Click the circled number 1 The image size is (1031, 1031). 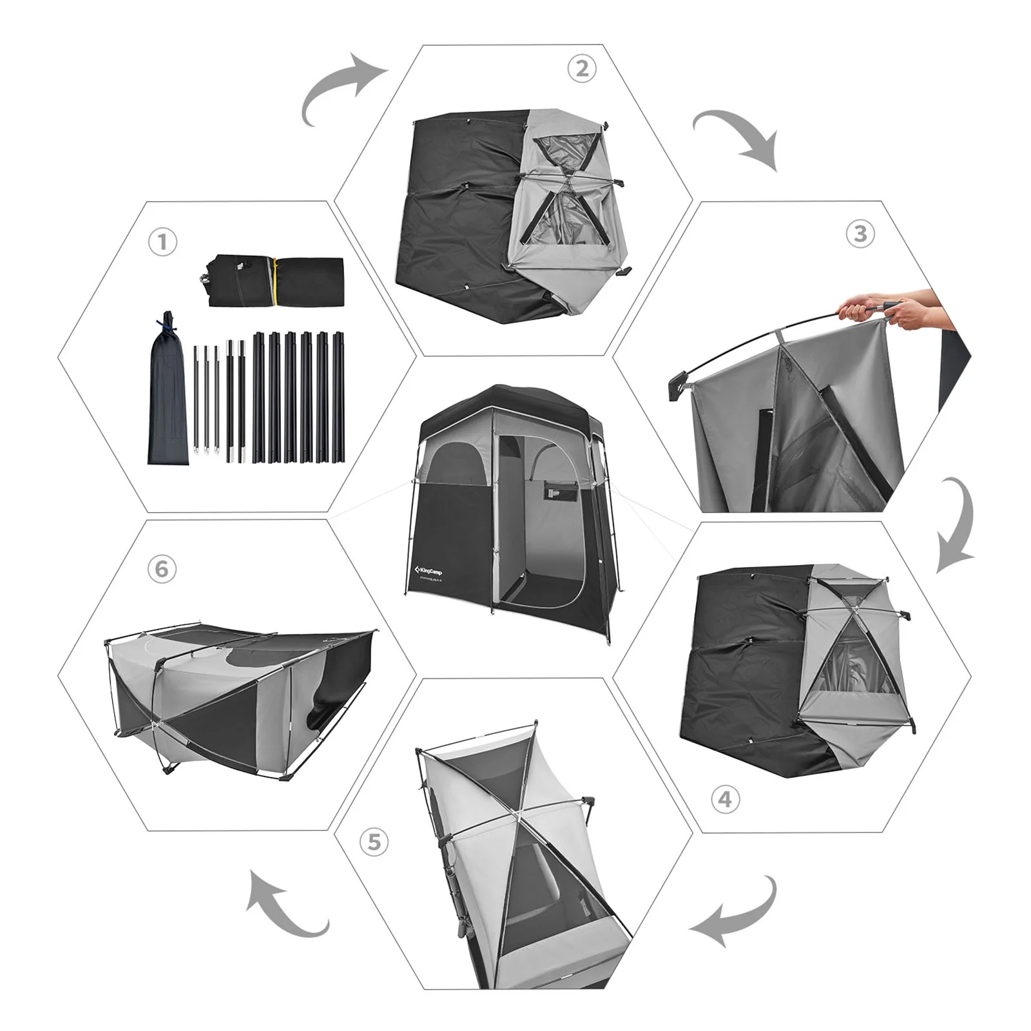[162, 242]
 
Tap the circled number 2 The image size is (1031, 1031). [582, 68]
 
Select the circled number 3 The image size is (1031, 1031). [860, 233]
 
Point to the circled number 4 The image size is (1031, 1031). [726, 799]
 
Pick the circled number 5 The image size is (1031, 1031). [374, 842]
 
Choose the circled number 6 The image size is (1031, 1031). [162, 569]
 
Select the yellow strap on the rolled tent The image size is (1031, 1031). [275, 282]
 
